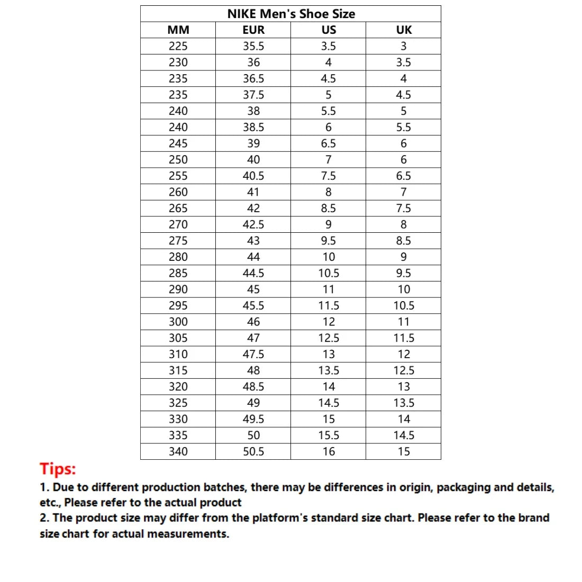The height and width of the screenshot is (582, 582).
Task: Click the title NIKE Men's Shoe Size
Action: tap(291, 14)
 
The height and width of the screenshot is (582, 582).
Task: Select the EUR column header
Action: tap(253, 30)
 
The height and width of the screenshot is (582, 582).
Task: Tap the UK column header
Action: tap(404, 30)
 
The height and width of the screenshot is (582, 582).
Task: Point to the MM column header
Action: tap(178, 30)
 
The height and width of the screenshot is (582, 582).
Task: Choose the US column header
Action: tap(329, 30)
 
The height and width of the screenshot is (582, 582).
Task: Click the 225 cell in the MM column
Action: tap(178, 46)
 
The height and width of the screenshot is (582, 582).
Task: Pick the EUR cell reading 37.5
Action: tap(253, 95)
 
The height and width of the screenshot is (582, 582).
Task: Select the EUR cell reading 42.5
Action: tap(253, 224)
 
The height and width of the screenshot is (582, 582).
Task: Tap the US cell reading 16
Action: tap(329, 451)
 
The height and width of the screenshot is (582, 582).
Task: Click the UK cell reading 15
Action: tap(404, 451)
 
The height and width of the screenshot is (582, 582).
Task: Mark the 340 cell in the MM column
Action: tap(178, 451)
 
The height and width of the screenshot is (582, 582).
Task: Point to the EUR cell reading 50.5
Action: tap(253, 451)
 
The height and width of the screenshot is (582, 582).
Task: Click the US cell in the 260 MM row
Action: tap(329, 192)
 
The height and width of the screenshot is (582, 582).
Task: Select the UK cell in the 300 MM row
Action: tap(404, 322)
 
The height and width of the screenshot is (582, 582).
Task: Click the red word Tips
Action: tap(58, 469)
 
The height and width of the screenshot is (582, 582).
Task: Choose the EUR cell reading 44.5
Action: tap(253, 273)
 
